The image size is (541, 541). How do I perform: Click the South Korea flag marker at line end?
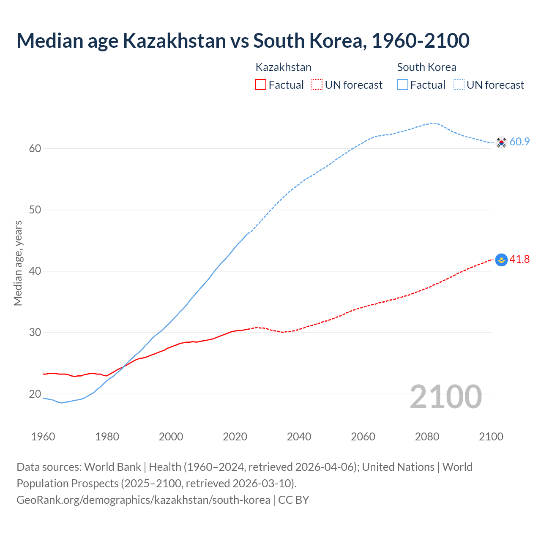(x=501, y=142)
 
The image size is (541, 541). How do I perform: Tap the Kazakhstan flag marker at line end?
(x=501, y=260)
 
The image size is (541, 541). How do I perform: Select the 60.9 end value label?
(x=519, y=142)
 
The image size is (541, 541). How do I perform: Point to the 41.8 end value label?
(x=519, y=259)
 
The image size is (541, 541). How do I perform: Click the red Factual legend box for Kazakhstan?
(x=261, y=85)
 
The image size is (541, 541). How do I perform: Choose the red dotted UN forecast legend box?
(x=317, y=85)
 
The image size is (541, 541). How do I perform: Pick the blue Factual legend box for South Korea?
(x=402, y=85)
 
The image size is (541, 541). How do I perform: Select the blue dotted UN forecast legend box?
(x=459, y=85)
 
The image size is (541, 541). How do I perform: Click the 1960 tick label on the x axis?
(x=43, y=437)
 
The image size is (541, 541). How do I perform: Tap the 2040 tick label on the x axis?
(x=299, y=437)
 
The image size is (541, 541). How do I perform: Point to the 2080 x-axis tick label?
(x=427, y=437)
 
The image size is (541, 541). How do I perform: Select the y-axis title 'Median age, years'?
(x=18, y=263)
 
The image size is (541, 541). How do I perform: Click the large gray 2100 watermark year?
(x=445, y=397)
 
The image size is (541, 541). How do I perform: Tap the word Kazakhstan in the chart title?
(x=174, y=41)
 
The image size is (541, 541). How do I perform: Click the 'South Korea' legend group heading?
(x=426, y=67)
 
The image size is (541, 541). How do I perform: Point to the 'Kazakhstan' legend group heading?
(x=283, y=67)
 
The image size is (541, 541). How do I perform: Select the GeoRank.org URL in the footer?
(x=143, y=500)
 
